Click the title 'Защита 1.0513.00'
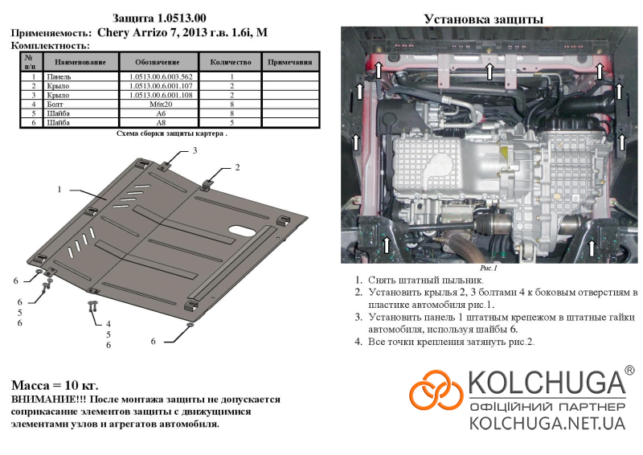(159, 18)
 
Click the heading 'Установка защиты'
(484, 18)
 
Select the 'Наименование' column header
(80, 62)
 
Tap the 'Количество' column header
(231, 62)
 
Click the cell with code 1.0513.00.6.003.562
(161, 76)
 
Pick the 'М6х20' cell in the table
(161, 105)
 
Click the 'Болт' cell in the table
(55, 105)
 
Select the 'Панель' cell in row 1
(59, 76)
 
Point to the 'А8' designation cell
(161, 123)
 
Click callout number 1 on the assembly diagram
(59, 189)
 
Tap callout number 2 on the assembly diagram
(237, 167)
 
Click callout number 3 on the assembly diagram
(195, 150)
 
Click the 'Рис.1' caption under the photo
(489, 268)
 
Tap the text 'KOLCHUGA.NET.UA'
(547, 423)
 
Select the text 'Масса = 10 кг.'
(55, 385)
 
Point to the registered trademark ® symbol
(629, 371)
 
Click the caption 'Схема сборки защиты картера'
(170, 133)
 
